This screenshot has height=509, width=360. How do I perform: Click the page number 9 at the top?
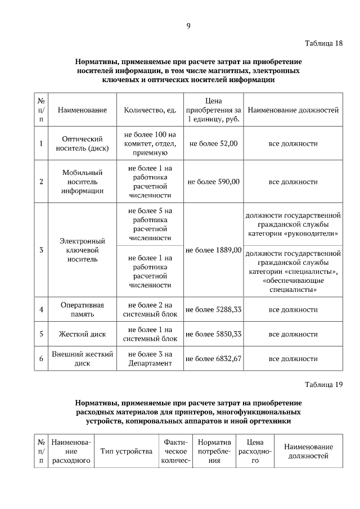point(188,25)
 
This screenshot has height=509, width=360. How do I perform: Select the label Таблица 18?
point(323,43)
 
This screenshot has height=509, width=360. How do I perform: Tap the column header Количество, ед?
point(150,110)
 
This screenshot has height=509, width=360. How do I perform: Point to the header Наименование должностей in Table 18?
point(293,110)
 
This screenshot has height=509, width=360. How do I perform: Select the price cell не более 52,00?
point(214,143)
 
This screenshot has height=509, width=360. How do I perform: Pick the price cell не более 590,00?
point(214,182)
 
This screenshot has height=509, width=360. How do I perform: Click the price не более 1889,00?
point(214,250)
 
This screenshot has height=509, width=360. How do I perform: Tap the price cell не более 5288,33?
point(214,309)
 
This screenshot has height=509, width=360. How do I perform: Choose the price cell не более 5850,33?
point(214,334)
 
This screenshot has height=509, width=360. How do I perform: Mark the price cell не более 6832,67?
point(214,358)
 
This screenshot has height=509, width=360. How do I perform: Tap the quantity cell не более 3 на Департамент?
point(150,358)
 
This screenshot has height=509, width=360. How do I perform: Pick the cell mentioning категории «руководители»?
point(293,224)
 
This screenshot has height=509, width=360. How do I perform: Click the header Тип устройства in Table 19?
point(127,451)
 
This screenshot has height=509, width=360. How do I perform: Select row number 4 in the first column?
point(41,309)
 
